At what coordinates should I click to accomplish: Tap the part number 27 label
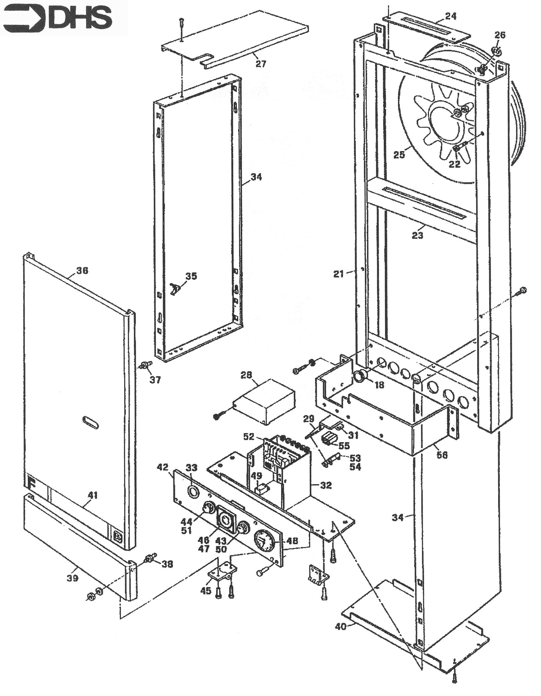(261, 64)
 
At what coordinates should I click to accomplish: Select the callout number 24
(450, 16)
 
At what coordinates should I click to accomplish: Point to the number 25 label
(399, 155)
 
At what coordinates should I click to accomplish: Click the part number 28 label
(246, 375)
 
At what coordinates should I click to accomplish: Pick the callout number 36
(82, 271)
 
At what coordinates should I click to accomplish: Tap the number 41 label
(92, 495)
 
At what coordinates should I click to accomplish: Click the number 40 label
(341, 627)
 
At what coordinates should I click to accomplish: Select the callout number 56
(442, 455)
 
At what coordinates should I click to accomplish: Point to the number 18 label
(379, 385)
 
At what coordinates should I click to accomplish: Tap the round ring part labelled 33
(193, 491)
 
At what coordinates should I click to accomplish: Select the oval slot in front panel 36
(91, 422)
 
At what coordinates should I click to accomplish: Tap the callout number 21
(339, 274)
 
